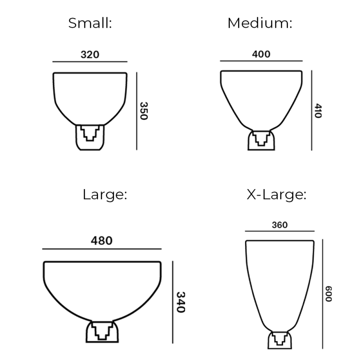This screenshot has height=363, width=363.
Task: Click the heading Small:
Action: coord(90,23)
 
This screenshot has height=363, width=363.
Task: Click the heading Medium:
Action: coord(260,23)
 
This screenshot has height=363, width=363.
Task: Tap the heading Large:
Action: coord(104,195)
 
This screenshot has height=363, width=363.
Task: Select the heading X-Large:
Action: coord(276,195)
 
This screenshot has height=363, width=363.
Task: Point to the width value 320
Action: coord(90,54)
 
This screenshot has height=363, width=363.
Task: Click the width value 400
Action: coord(261,54)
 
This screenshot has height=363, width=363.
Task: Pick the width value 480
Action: coord(102,240)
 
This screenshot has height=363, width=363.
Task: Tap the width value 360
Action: coord(280,225)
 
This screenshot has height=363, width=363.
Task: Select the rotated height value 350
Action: coord(143,110)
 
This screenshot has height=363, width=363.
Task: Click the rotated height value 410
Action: coord(318,110)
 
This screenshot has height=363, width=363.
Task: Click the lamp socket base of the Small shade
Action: coord(90,137)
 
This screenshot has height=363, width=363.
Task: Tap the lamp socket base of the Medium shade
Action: coord(261,140)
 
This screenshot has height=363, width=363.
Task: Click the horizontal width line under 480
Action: coord(102,249)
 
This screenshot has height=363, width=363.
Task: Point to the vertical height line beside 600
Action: coord(322,294)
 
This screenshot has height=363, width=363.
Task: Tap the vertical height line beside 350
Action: coord(137,110)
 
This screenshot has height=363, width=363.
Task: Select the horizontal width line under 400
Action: coord(261,61)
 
